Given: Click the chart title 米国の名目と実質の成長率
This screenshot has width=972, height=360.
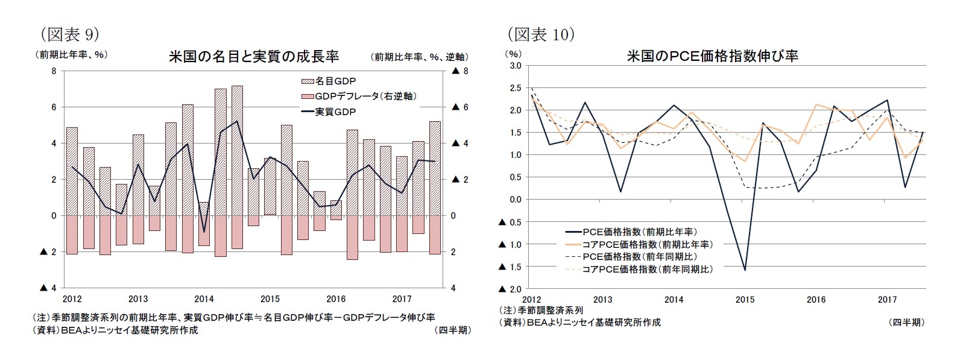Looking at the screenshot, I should (x=253, y=57).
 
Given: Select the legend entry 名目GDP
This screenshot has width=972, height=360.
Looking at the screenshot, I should (x=329, y=81).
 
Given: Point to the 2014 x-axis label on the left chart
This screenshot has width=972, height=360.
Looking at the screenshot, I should (x=204, y=299).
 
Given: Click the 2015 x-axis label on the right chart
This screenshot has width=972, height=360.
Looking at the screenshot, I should (x=745, y=300).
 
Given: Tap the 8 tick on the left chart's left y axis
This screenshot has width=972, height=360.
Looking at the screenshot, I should (x=54, y=71).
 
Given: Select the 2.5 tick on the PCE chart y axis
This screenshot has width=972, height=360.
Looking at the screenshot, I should (x=516, y=88).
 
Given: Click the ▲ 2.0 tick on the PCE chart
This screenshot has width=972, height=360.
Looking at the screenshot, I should (x=510, y=289).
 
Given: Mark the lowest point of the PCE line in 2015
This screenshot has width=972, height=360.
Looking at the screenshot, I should (x=745, y=270).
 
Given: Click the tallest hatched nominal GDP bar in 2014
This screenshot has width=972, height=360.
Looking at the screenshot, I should (x=237, y=151).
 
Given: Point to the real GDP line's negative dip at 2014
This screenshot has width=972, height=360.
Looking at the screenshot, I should (x=204, y=232).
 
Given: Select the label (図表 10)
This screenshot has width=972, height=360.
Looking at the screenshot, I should (x=540, y=34).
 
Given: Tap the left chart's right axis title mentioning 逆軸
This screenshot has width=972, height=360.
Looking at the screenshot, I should (x=419, y=57).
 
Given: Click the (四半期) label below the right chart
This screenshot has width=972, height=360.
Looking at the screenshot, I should (x=906, y=323).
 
